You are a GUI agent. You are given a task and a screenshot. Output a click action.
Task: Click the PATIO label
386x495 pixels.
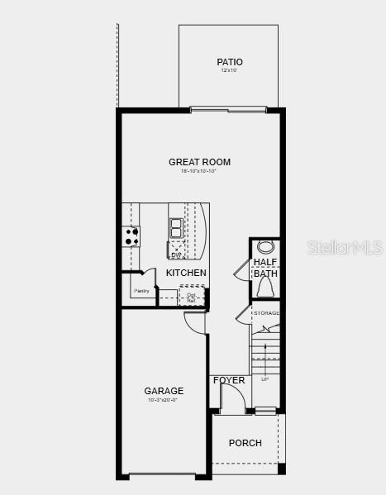coord(230,62)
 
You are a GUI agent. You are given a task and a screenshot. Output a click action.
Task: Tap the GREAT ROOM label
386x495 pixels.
coord(199,162)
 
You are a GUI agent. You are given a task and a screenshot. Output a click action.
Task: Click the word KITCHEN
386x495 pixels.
coord(186,273)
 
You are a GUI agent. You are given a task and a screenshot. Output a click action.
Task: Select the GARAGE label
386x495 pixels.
coord(164,391)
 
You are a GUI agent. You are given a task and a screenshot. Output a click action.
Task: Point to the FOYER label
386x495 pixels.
coord(229,380)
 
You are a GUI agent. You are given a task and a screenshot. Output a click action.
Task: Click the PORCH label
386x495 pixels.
coord(245,443)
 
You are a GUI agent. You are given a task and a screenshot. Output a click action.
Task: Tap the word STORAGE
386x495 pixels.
coord(266,313)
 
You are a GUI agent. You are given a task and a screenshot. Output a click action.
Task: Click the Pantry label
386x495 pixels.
coord(141,291)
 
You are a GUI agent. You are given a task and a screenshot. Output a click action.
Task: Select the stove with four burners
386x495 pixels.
coord(131,236)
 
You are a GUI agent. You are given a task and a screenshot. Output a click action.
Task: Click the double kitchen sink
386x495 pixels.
coord(176,227)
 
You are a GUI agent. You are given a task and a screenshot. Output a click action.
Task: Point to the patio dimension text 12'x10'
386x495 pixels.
coord(229,71)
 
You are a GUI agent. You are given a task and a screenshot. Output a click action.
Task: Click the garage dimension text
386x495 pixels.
coord(163,401)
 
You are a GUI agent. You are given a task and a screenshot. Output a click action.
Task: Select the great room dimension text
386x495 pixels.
coord(199,171)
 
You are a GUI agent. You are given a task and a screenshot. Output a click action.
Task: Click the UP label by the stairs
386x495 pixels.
coord(264,379)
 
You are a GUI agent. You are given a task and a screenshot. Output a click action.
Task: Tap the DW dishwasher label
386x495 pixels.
coord(175,255)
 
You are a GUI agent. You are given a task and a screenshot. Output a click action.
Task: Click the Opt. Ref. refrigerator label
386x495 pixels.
coord(191,297)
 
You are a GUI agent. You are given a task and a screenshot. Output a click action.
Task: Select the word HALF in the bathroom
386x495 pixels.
coord(265,262)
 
